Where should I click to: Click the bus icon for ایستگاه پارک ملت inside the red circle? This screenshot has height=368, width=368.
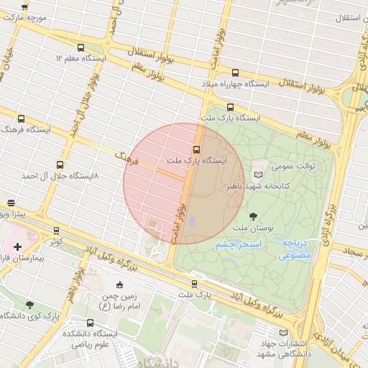(x=196, y=149)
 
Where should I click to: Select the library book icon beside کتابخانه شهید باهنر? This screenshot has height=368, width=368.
(x=259, y=175)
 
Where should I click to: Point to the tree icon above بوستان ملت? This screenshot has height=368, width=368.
(x=253, y=216)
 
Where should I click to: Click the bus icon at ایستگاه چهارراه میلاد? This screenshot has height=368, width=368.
(x=235, y=73)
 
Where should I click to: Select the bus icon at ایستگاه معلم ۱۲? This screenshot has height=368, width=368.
(x=80, y=47)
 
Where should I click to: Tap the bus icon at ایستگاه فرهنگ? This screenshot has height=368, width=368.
(x=21, y=119)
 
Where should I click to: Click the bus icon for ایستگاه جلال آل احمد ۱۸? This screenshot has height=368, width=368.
(x=60, y=165)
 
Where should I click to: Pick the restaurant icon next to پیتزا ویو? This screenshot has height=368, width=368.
(x=10, y=203)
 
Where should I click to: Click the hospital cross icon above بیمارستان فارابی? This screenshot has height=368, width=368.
(x=17, y=247)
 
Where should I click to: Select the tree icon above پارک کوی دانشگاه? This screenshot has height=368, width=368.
(x=29, y=305)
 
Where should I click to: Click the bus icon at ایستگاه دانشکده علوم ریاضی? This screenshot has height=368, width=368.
(x=90, y=323)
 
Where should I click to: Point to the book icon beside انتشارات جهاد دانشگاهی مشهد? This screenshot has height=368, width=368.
(x=283, y=333)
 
